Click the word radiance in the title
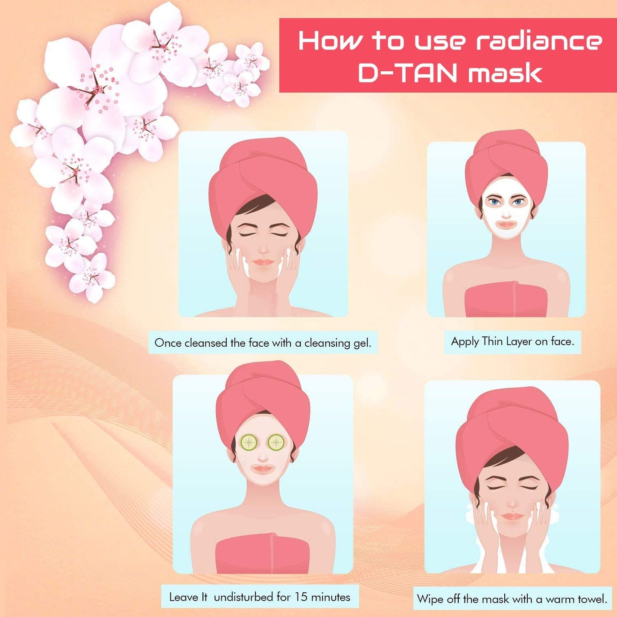tap(539, 41)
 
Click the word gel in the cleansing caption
tap(362, 343)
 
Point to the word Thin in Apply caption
tap(492, 341)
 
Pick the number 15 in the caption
tap(301, 597)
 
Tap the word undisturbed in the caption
tap(243, 597)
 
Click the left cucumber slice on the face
tap(249, 442)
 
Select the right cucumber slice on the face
tap(276, 442)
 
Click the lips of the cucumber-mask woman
tap(262, 469)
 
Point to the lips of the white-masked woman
tap(506, 224)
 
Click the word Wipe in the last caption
tap(430, 599)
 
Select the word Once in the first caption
tap(168, 343)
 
